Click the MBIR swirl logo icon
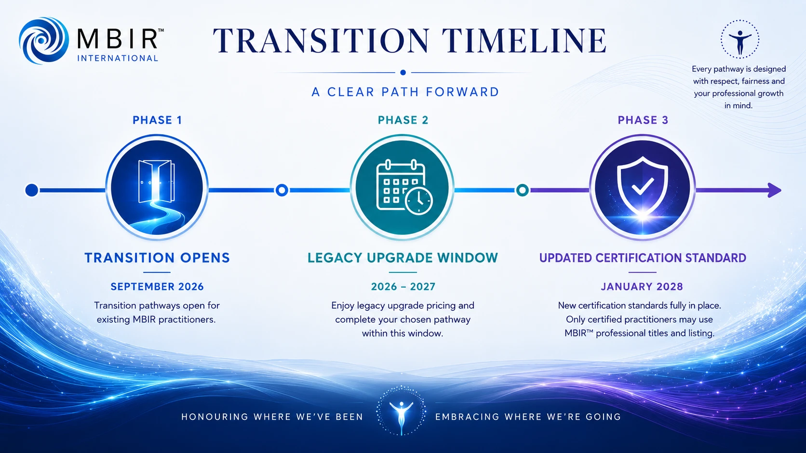[43, 40]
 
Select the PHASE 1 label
[157, 120]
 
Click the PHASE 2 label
[403, 120]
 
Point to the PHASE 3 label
[643, 120]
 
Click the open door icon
[157, 187]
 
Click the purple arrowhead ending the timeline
[774, 190]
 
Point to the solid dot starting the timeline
[32, 190]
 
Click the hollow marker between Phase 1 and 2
[282, 190]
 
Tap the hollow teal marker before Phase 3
[522, 190]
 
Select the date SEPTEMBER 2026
[157, 286]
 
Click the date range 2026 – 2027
[403, 286]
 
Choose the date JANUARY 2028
[642, 286]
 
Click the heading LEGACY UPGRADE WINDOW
[403, 258]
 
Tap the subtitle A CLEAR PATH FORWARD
[405, 92]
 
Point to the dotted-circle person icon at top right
[740, 39]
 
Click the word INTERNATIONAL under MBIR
[118, 58]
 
